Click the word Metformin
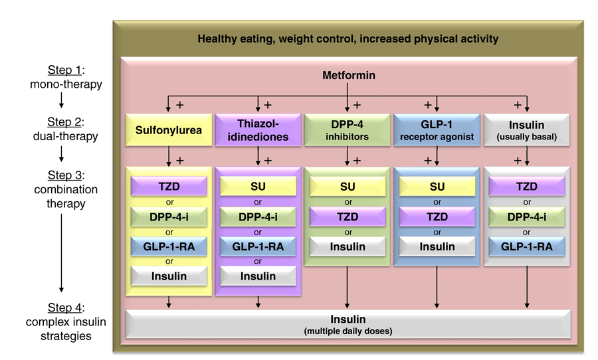[348, 75]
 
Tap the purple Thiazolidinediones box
[258, 130]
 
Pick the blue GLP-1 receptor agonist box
[437, 130]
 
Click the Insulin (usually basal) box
[527, 130]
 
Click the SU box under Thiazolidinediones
[258, 187]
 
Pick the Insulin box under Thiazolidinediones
[258, 276]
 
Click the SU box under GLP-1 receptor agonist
[437, 187]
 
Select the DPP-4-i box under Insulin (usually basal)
[527, 217]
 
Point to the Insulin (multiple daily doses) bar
[348, 324]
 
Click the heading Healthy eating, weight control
[348, 39]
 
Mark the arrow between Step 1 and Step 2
[62, 100]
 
